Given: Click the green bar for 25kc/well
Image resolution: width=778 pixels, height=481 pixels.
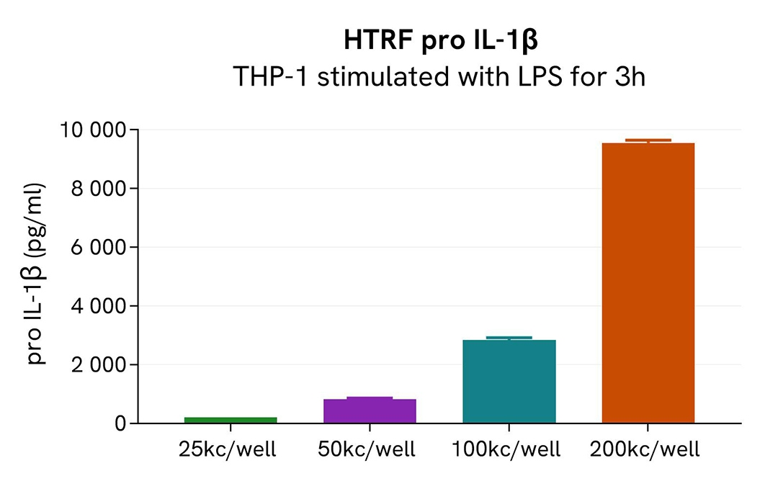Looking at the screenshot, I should tap(231, 420).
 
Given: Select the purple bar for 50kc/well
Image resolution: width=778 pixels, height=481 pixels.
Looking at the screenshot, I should tap(370, 411).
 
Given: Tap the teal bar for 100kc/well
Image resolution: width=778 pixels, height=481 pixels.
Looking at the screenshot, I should tap(509, 381).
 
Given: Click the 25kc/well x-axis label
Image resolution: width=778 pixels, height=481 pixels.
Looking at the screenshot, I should tap(228, 450).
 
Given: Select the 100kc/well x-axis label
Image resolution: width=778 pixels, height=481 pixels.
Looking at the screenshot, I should tap(506, 450).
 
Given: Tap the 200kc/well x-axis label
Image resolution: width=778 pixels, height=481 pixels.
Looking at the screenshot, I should tap(645, 450).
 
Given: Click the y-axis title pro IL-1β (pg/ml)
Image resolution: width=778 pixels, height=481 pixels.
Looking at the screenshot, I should tap(36, 274).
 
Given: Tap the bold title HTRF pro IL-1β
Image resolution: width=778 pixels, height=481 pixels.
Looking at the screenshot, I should tap(441, 41).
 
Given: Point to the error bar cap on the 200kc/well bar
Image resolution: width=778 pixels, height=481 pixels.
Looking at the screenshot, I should tap(648, 140).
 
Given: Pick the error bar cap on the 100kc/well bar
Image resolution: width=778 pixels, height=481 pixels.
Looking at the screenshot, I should tap(509, 337).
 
